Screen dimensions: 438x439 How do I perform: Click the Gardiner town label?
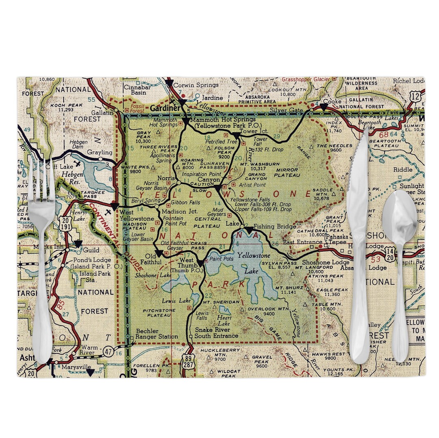click(x=164, y=108)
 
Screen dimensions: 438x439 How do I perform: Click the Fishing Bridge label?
click(x=269, y=226)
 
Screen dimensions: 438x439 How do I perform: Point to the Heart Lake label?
click(x=224, y=321)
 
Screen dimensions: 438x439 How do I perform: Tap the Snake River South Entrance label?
click(x=216, y=333)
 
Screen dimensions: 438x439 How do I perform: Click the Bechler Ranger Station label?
click(x=156, y=334)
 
